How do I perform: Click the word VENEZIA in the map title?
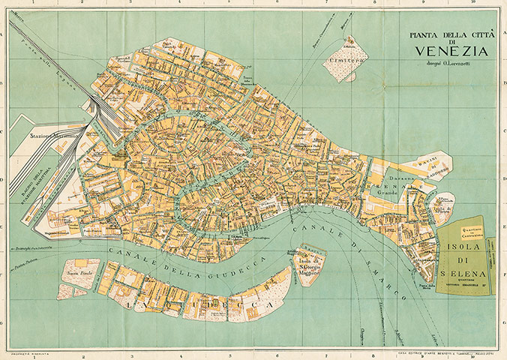tap(449, 51)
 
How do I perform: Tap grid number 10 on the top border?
tap(472, 4)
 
